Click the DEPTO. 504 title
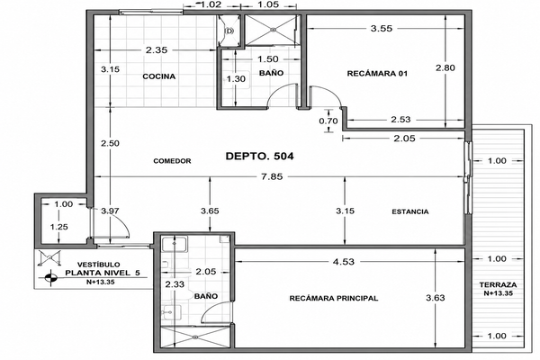260,156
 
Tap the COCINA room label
159,76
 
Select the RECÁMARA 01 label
377,74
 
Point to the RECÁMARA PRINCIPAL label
334,298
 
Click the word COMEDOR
172,161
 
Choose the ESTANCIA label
410,211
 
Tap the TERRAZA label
498,285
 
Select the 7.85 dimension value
272,176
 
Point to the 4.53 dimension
344,262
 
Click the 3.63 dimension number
436,298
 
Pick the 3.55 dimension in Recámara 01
382,29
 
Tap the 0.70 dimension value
328,121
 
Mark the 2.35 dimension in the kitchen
157,50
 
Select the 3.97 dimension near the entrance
110,211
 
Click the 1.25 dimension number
58,227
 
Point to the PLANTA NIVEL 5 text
103,274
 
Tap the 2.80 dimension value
445,67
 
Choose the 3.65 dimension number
210,211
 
